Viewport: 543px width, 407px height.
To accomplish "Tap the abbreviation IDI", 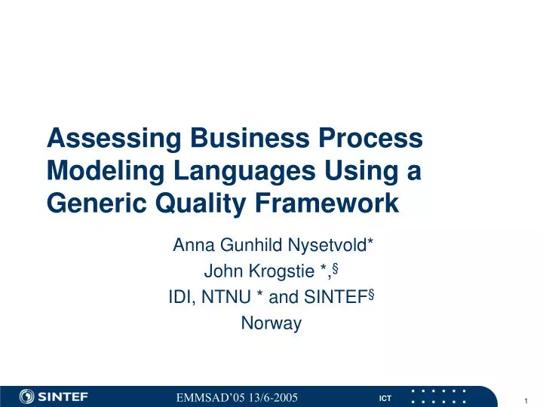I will click(x=180, y=298).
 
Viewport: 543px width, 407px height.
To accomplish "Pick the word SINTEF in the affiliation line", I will click(x=335, y=298).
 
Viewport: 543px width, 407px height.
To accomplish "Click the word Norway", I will click(x=271, y=324).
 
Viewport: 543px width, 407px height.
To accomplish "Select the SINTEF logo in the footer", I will click(x=54, y=396).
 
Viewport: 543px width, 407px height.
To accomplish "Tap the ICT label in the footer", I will click(x=385, y=397).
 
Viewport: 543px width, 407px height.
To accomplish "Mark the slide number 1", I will click(x=524, y=399).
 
